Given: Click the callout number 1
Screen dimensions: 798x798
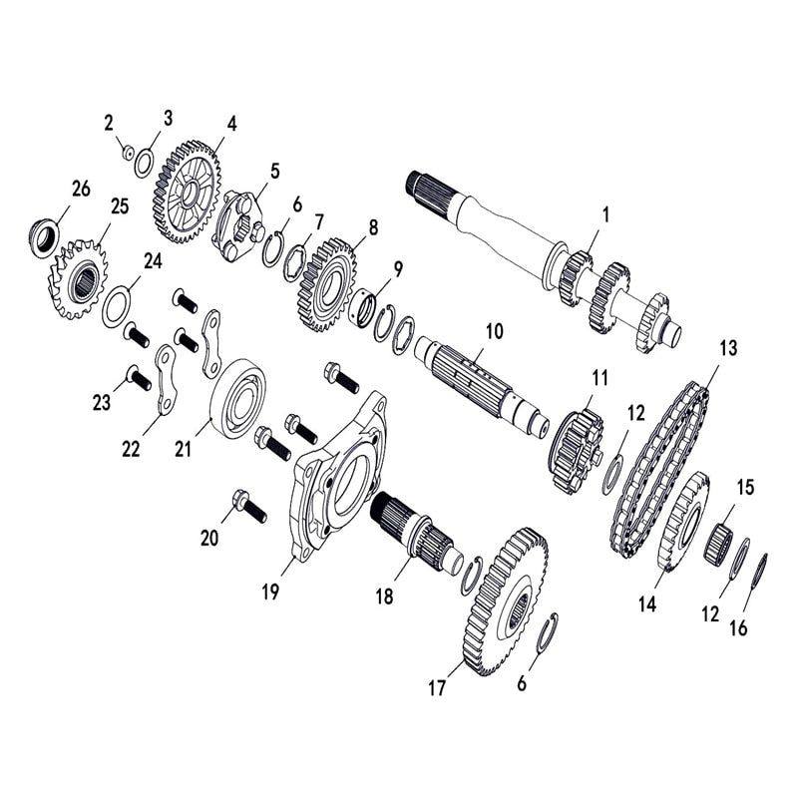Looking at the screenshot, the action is tap(604, 213).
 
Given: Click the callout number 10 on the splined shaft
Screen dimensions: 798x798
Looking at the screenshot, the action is tap(496, 329).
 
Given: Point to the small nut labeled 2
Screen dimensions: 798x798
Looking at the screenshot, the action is tap(128, 152).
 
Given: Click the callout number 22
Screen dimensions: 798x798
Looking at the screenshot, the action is tap(131, 450).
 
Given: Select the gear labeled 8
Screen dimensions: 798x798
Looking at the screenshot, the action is tap(326, 284).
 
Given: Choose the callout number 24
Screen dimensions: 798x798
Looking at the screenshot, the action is tap(153, 261).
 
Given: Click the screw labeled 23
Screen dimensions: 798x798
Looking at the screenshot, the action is tap(139, 378).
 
